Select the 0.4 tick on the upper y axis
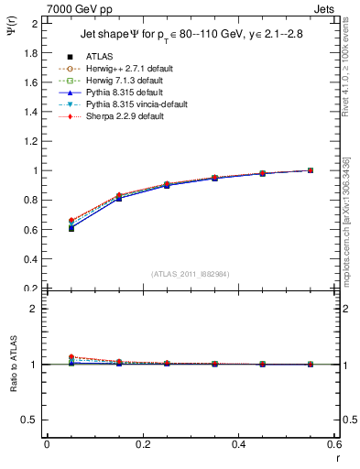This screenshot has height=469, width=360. tap(32, 258)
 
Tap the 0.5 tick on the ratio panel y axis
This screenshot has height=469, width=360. tap(32, 420)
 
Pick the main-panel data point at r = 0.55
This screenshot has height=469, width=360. tap(311, 170)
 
